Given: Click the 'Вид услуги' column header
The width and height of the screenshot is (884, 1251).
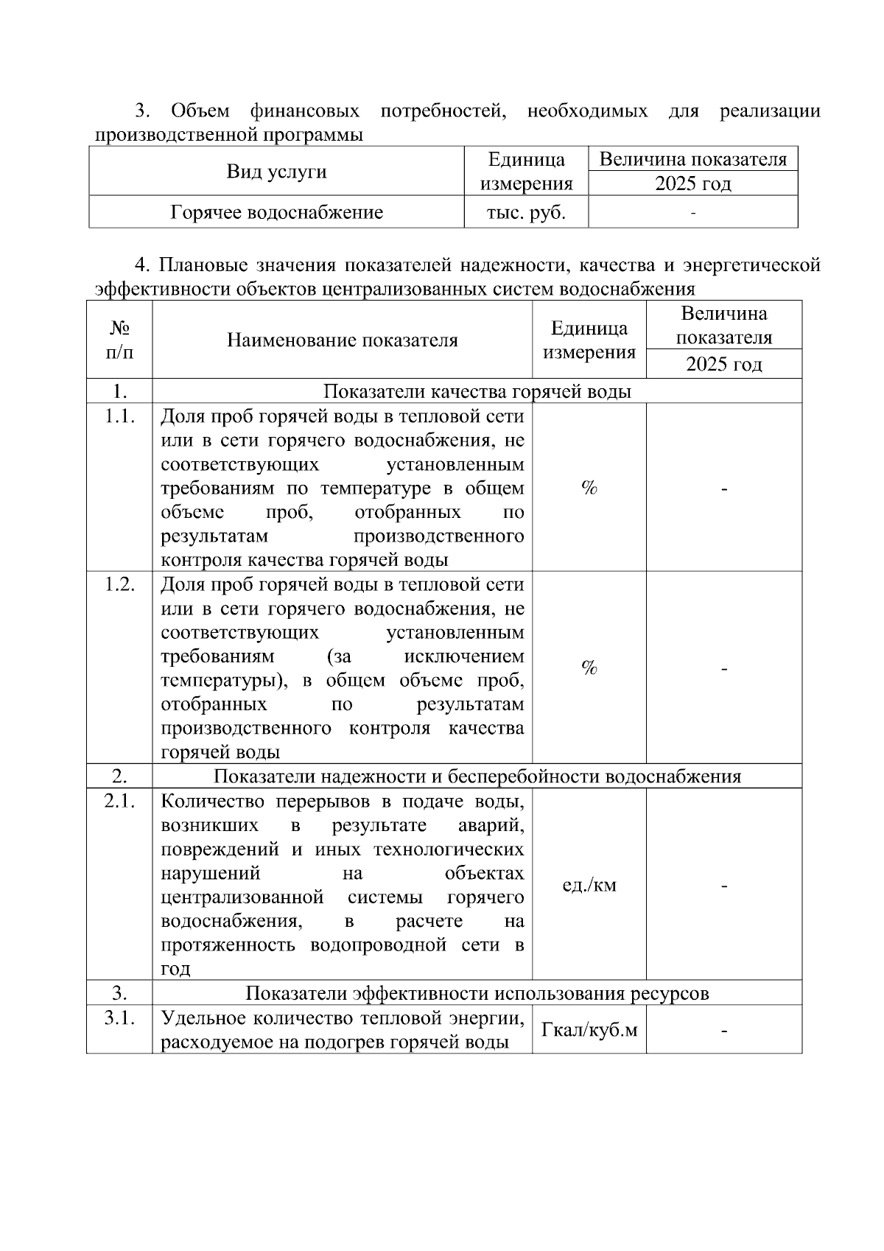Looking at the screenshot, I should [276, 172].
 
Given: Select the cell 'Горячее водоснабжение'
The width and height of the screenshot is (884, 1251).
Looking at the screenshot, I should [276, 213].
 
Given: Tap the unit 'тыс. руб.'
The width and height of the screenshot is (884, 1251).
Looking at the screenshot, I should [526, 213].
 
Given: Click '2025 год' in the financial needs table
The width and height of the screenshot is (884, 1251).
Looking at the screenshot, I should [692, 183].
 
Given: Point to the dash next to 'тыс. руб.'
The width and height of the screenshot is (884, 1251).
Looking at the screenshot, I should [692, 214].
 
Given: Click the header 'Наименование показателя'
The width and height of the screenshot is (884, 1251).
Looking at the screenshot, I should [342, 340].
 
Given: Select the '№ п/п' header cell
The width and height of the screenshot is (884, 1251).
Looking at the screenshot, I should [119, 340].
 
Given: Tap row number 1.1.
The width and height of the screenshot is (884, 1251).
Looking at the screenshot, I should [119, 416].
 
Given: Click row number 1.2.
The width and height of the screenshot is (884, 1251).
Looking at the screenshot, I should [119, 584].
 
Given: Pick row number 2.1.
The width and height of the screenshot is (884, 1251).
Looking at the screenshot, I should [119, 802].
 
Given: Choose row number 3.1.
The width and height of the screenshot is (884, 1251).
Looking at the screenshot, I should [119, 1018].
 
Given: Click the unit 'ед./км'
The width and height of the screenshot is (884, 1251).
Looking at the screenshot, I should [589, 885].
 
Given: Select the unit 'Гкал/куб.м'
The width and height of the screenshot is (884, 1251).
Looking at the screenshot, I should [589, 1029].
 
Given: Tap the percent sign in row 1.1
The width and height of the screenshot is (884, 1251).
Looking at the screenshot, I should [589, 488].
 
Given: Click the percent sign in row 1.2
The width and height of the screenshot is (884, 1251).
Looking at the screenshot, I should [589, 667].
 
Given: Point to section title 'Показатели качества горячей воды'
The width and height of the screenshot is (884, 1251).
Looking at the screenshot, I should [477, 391].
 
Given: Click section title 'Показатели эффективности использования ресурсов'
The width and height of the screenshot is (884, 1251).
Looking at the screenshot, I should [477, 993].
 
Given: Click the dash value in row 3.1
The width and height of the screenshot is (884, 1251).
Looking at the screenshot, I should [724, 1031].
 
